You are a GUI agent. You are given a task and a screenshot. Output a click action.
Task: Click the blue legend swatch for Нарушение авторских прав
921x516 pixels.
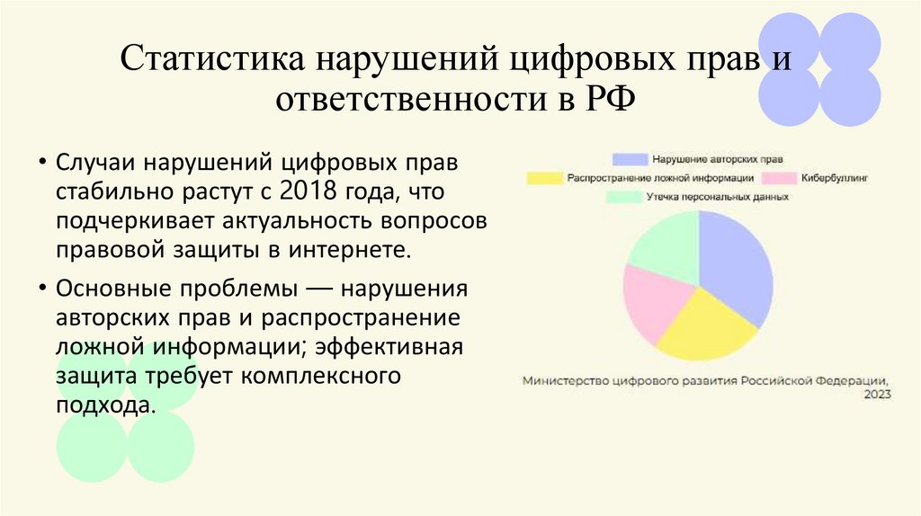pyautogui.click(x=629, y=159)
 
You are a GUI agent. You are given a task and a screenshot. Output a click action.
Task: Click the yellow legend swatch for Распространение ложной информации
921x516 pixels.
pyautogui.click(x=545, y=178)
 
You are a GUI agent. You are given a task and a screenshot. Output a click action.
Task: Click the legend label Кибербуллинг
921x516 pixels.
pyautogui.click(x=836, y=178)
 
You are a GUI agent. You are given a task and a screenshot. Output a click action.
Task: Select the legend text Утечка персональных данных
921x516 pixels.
pyautogui.click(x=717, y=197)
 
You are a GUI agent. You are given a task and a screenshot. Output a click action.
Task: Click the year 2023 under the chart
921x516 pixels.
pyautogui.click(x=877, y=395)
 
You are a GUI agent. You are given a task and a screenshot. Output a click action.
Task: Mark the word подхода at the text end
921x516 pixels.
pyautogui.click(x=106, y=405)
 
